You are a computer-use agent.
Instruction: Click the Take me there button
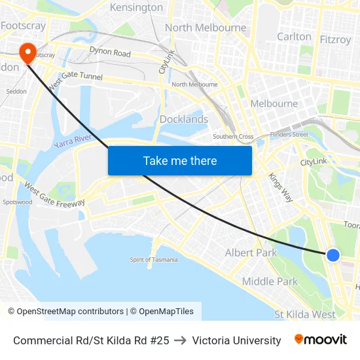180,160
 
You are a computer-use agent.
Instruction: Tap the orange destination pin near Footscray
28,52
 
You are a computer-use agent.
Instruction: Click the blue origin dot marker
333,255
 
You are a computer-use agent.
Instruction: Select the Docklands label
184,119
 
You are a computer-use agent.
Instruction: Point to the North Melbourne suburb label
206,27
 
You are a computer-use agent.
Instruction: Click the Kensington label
136,8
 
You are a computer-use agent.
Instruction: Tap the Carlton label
294,37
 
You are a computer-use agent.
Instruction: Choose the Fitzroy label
335,39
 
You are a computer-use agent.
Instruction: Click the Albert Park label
251,253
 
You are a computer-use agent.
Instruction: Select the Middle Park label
270,281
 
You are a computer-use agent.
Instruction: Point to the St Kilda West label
304,314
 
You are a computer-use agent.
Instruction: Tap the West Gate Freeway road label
54,195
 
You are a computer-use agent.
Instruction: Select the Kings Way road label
280,189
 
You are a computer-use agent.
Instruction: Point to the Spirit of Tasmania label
153,260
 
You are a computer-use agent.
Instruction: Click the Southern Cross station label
232,136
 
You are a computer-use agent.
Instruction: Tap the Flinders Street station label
290,135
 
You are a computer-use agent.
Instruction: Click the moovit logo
320,340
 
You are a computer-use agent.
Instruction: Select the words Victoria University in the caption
236,340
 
